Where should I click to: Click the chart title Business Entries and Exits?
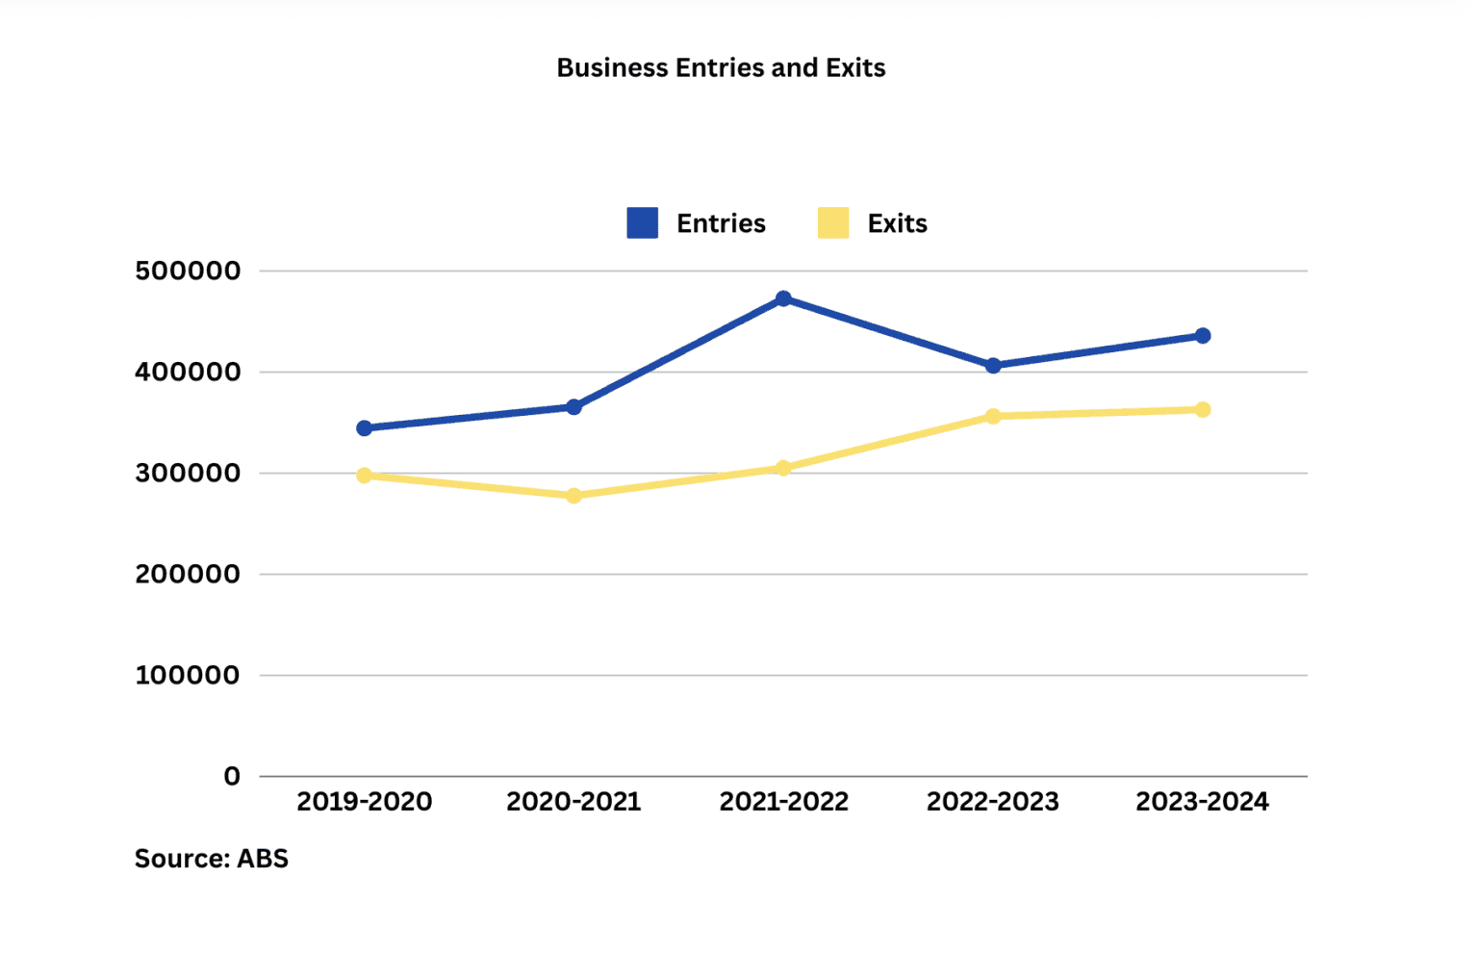(721, 67)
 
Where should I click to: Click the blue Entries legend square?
(642, 222)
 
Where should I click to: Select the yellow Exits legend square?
(833, 222)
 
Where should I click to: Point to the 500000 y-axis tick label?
(188, 271)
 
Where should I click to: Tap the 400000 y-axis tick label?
(188, 372)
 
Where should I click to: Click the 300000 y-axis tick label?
(188, 473)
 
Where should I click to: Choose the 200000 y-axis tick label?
(188, 574)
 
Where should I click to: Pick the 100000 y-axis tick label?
(188, 675)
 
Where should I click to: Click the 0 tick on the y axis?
(232, 776)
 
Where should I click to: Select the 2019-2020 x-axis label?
(364, 801)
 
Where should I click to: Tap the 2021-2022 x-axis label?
(783, 801)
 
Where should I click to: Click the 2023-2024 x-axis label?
(1202, 801)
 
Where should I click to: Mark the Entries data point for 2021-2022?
(783, 298)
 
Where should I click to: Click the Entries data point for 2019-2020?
(364, 427)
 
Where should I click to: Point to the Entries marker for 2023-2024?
(1203, 335)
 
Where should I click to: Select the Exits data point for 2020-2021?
(573, 496)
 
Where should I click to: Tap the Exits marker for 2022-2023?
(993, 416)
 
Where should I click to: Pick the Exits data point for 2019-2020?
(364, 476)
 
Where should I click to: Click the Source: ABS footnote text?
(211, 858)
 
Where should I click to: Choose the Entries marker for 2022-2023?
(993, 366)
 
